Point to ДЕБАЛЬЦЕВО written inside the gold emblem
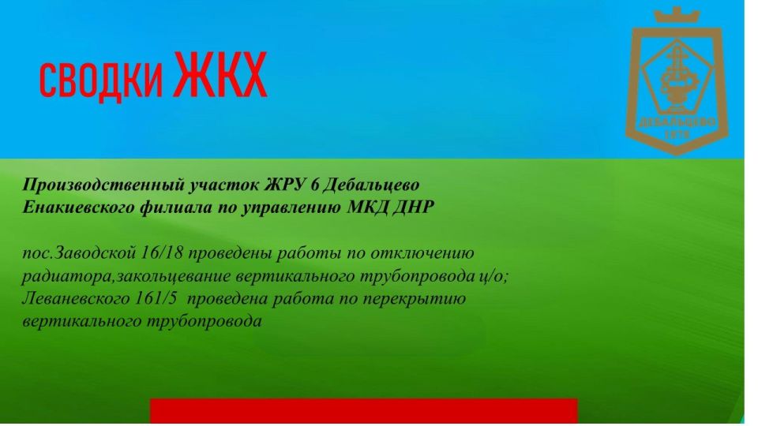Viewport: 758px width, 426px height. click(x=677, y=122)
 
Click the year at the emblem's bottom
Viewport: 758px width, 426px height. click(x=677, y=135)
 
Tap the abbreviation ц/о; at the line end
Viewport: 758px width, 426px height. click(x=501, y=276)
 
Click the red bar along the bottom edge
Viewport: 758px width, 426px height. click(x=363, y=412)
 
